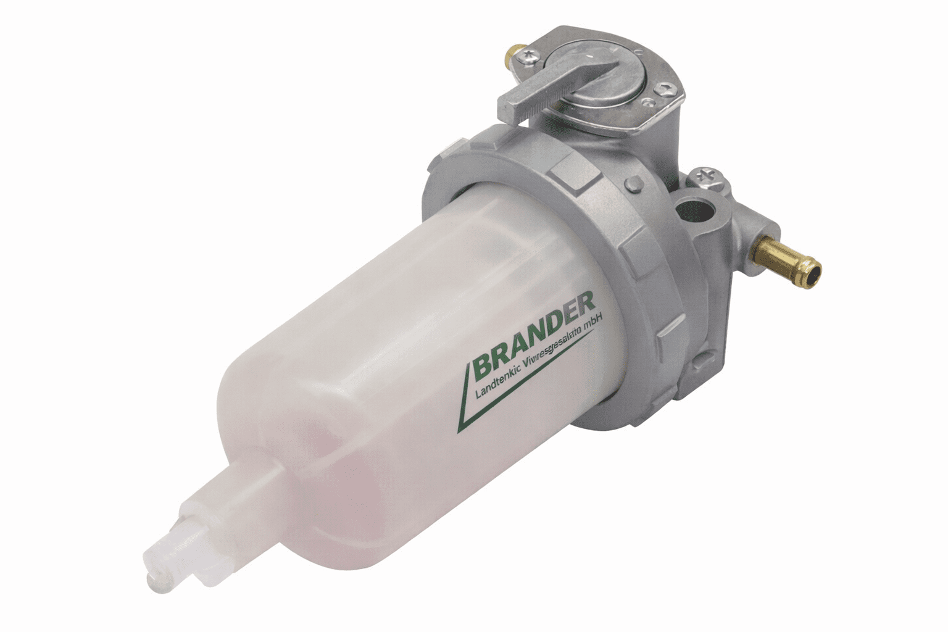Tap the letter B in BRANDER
pyautogui.click(x=483, y=369)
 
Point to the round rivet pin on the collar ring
pyautogui.click(x=633, y=184)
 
